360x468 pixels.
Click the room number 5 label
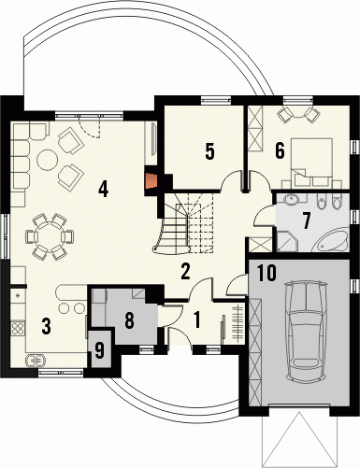coord(209,151)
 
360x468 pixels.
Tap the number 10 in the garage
coord(267,273)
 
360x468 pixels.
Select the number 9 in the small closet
coord(99,350)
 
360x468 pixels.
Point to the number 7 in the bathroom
coord(307,220)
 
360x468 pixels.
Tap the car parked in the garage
coord(307,331)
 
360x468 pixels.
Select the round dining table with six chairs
coord(50,236)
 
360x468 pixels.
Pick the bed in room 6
coord(311,160)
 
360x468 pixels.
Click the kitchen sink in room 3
coord(36,361)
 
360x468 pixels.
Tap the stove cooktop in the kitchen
coord(18,328)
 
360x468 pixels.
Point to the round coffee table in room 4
coord(48,160)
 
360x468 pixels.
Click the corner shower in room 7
coord(287,241)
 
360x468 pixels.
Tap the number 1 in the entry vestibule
coord(196,319)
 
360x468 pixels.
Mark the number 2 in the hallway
coord(185,271)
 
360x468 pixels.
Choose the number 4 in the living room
coord(103,189)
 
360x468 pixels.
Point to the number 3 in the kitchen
coord(46,327)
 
